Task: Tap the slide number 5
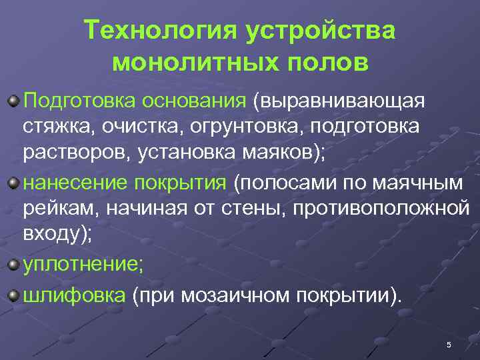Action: point(449,345)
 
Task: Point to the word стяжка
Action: point(57,127)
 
